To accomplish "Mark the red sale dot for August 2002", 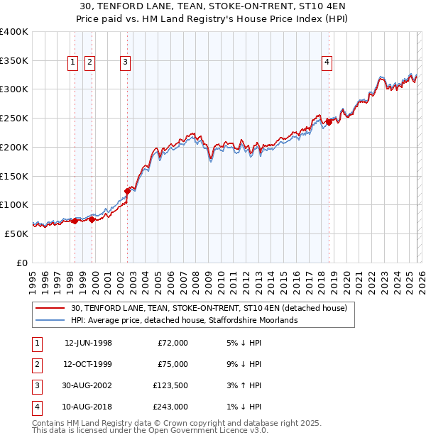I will pos(128,190).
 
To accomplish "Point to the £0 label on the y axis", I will pos(21,263).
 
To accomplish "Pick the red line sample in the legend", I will pos(50,309).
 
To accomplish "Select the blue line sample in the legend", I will pos(50,321).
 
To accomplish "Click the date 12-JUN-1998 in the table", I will pos(88,343).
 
